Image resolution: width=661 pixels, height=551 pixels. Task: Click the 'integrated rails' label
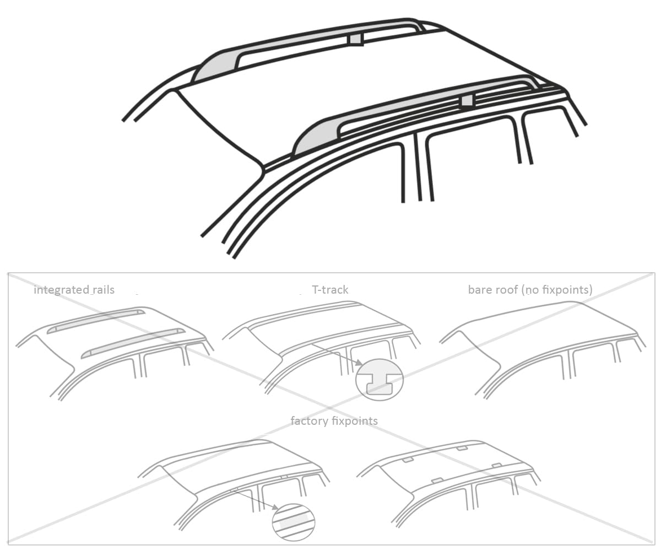74,290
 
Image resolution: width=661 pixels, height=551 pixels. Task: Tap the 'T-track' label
330,289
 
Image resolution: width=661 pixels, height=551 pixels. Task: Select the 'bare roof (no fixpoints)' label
530,290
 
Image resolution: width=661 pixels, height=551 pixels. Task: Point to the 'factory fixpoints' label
334,421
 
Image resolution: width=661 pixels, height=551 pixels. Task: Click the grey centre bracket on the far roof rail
356,39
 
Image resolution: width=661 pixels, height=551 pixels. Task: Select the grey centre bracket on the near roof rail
467,101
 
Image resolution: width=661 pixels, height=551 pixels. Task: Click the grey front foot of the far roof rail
215,68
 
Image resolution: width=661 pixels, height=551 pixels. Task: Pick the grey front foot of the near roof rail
316,138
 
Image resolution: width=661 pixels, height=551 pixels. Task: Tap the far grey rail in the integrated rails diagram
96,321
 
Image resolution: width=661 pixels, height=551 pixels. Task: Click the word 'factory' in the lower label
309,421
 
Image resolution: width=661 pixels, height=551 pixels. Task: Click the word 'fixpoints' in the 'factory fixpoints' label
355,421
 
